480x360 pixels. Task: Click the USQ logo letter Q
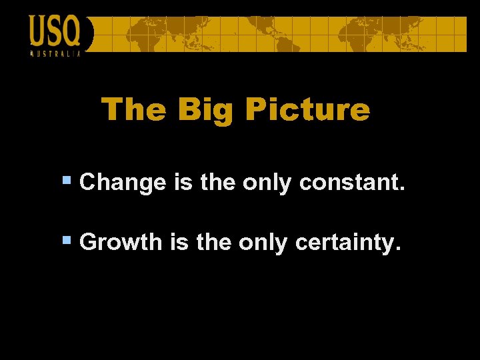click(71, 31)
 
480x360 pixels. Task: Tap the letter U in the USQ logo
click(38, 31)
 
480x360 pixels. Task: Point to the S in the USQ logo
click(54, 31)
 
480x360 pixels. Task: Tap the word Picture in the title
click(307, 109)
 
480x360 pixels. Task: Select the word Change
click(122, 183)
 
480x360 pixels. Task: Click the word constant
click(352, 183)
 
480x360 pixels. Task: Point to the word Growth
click(121, 241)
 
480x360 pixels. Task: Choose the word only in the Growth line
click(263, 242)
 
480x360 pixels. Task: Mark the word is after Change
click(182, 183)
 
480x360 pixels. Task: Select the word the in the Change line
click(217, 183)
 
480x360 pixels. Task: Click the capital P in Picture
click(255, 109)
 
